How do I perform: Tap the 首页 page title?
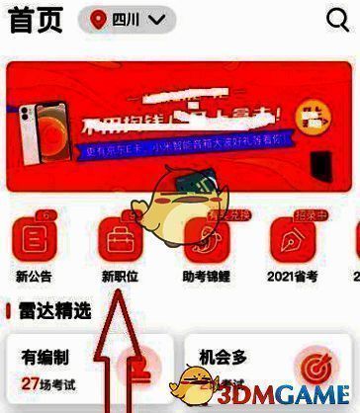click(x=36, y=20)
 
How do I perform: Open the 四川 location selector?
click(x=127, y=20)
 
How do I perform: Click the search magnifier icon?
click(x=338, y=20)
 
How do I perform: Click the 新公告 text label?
click(x=35, y=277)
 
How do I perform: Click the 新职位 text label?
click(x=120, y=277)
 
